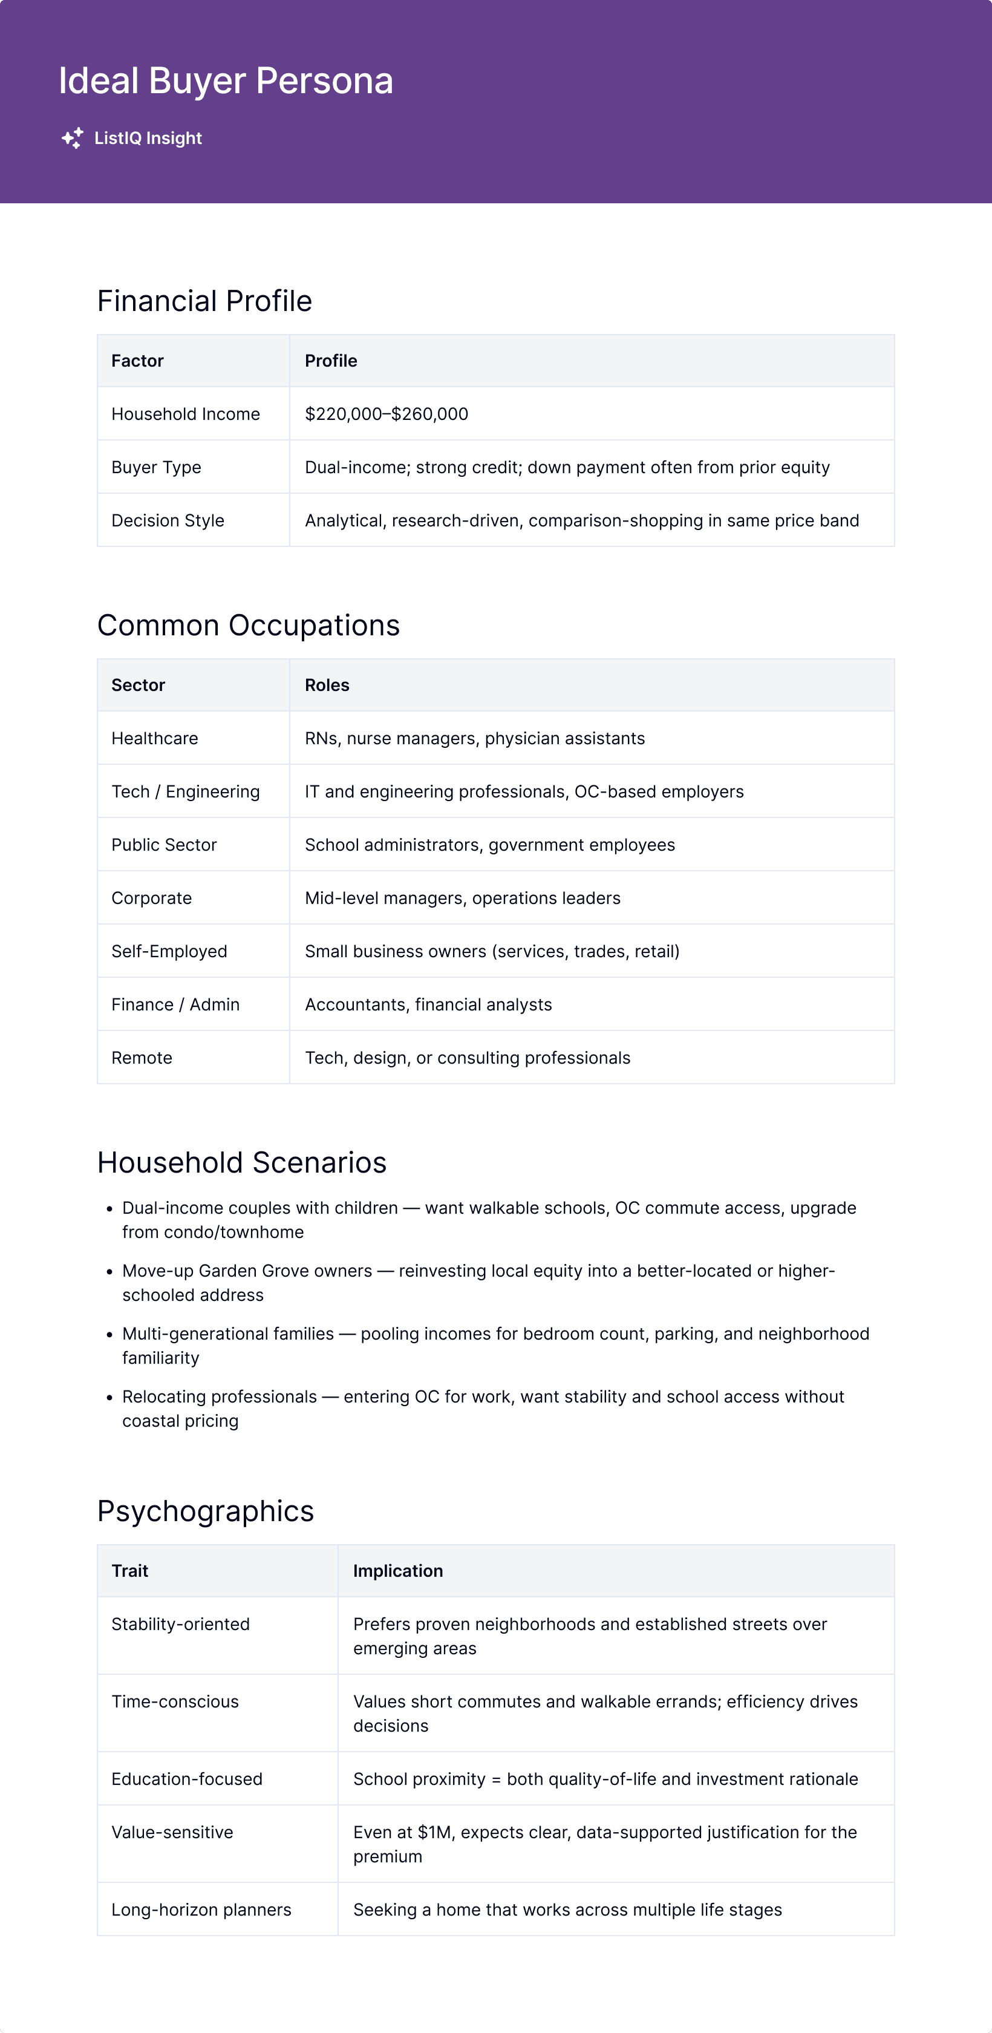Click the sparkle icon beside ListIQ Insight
pos(73,138)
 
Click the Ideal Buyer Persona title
pos(226,81)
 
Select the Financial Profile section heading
pos(204,301)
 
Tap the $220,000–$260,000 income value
pos(386,414)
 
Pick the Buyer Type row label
pos(156,467)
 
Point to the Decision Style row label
pos(168,521)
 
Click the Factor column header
pos(137,361)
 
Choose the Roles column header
pos(327,685)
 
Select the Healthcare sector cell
pos(155,739)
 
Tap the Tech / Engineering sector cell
pos(186,791)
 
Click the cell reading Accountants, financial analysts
pos(428,1004)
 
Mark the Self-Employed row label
pos(169,952)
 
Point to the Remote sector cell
pos(142,1058)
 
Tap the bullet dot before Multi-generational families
pos(109,1335)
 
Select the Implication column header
pos(398,1571)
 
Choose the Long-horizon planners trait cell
pos(201,1910)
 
